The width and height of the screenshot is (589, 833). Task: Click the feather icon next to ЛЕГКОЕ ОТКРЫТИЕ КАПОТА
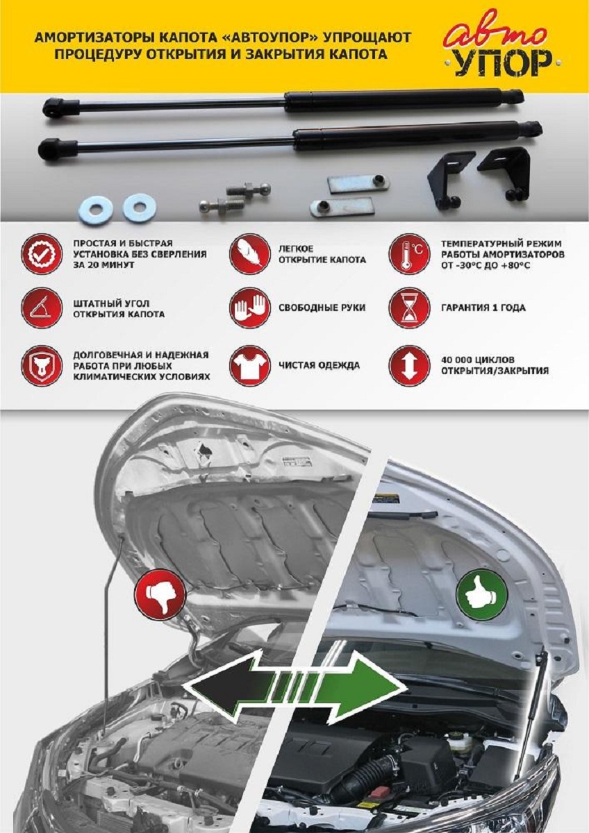(249, 255)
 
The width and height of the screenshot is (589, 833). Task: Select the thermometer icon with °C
(409, 255)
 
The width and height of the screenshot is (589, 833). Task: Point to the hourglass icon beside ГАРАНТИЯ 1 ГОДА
(409, 308)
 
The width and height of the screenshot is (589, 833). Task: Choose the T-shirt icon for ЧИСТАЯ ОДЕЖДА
(249, 365)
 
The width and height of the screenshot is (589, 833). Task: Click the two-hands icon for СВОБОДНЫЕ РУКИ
(249, 308)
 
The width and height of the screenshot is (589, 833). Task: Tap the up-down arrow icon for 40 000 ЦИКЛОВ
(409, 365)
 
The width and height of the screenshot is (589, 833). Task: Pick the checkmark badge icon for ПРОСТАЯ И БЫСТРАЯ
(42, 255)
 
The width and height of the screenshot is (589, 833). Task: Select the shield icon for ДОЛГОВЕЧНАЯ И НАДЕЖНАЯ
(42, 365)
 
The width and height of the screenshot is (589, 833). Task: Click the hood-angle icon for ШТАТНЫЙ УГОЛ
(42, 308)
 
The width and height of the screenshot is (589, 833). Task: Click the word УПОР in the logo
(506, 64)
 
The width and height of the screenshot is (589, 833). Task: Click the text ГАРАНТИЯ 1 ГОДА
(483, 308)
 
